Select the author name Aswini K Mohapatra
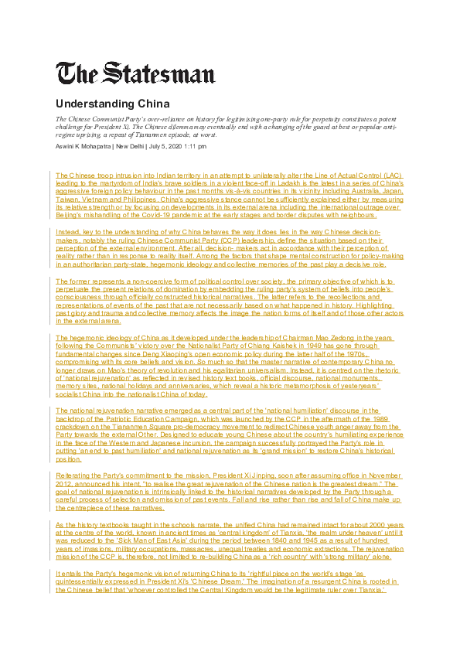coord(83,145)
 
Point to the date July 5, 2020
coord(172,145)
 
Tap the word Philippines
coord(163,198)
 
